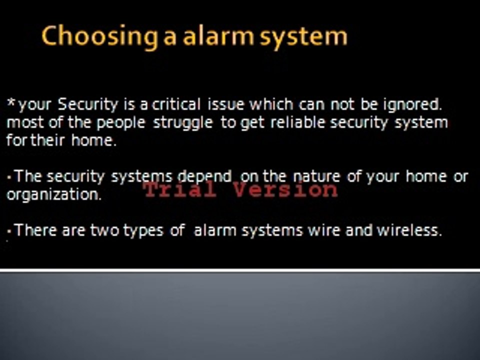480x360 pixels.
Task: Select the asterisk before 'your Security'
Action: pyautogui.click(x=11, y=103)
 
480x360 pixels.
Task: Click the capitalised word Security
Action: pyautogui.click(x=88, y=105)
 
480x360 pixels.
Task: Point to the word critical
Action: pyautogui.click(x=176, y=104)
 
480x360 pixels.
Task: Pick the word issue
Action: pyautogui.click(x=226, y=104)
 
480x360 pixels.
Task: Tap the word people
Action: pyautogui.click(x=121, y=123)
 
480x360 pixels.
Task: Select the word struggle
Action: pyautogui.click(x=183, y=123)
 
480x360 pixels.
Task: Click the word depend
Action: pyautogui.click(x=204, y=177)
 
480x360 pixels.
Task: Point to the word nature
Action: pyautogui.click(x=317, y=177)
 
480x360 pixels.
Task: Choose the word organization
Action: pyautogui.click(x=54, y=195)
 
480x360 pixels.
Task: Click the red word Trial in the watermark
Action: pyautogui.click(x=180, y=189)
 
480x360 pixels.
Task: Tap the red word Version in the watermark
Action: pyautogui.click(x=285, y=189)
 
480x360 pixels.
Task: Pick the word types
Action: pyautogui.click(x=143, y=231)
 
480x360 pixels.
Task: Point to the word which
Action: pyautogui.click(x=271, y=104)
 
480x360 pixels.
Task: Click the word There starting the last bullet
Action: pyautogui.click(x=35, y=230)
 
